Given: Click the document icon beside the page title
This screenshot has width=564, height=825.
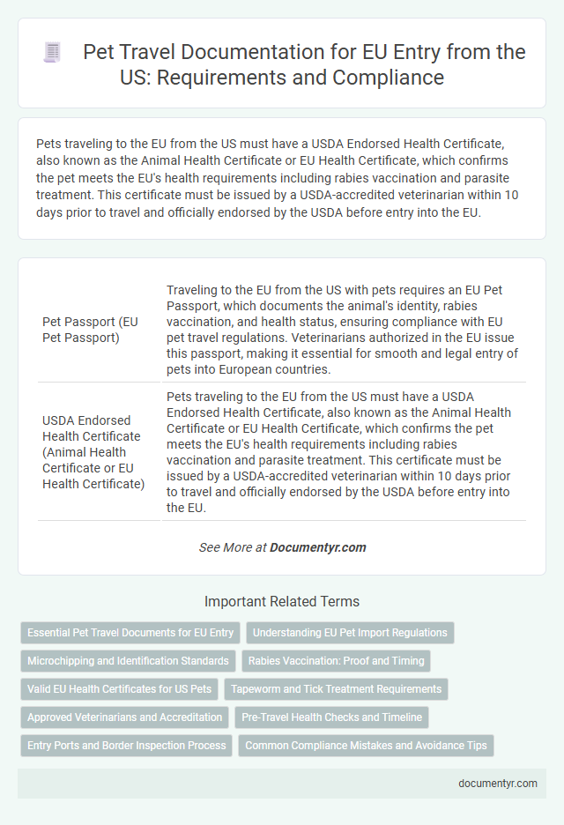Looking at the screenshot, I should pyautogui.click(x=52, y=53).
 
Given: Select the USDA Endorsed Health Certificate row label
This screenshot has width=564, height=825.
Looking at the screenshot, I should pyautogui.click(x=92, y=451).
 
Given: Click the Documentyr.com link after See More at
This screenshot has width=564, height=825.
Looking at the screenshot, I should pyautogui.click(x=317, y=547).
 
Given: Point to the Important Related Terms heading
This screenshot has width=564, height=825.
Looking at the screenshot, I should pyautogui.click(x=282, y=602).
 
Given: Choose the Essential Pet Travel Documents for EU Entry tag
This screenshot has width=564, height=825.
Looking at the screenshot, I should pyautogui.click(x=130, y=632).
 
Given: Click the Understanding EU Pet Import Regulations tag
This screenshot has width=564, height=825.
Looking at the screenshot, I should pyautogui.click(x=350, y=632).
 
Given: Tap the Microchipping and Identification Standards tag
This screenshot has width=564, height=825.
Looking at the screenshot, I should pyautogui.click(x=128, y=660).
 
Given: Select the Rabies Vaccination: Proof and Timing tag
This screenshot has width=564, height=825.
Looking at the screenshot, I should pyautogui.click(x=336, y=660).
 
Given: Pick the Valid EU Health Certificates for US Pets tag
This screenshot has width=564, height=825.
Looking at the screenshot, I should pyautogui.click(x=119, y=688).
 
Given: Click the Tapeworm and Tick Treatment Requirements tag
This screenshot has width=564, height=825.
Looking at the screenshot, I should pyautogui.click(x=336, y=688).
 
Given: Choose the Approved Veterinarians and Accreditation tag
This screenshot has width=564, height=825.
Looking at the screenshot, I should pyautogui.click(x=124, y=717).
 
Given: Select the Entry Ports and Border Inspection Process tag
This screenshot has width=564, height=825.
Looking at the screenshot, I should pyautogui.click(x=127, y=745).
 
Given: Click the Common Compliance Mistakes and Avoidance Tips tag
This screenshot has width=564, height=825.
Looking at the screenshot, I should pyautogui.click(x=366, y=745).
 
